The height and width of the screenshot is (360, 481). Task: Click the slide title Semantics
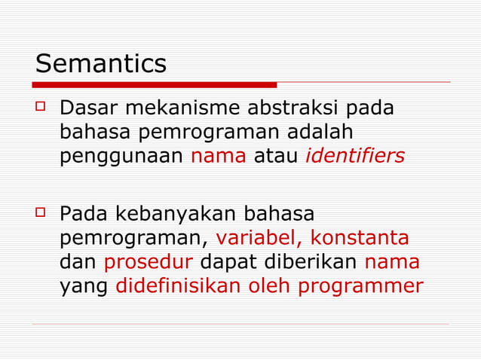tap(101, 63)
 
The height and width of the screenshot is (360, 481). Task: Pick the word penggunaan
tap(122, 157)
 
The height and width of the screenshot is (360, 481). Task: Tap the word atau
tap(278, 157)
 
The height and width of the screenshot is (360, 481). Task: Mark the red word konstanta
tap(360, 239)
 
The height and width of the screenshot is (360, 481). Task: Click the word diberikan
tap(312, 263)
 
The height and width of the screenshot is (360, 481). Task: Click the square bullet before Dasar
tap(42, 108)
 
